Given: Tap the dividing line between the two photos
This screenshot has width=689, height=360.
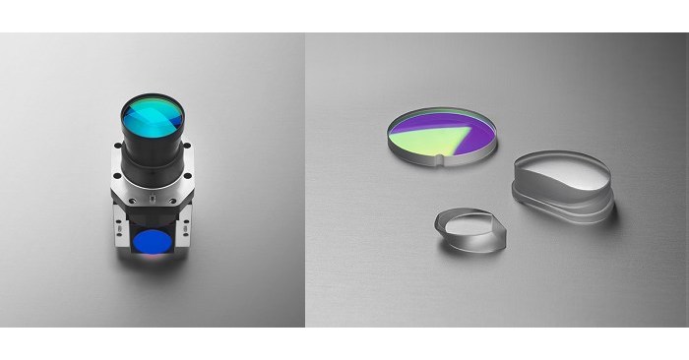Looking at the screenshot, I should (x=305, y=177).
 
